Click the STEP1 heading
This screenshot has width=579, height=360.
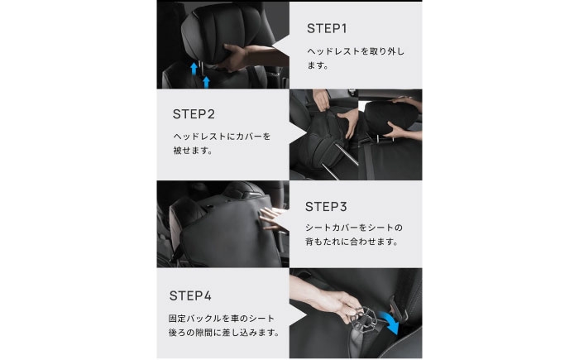pyautogui.click(x=327, y=28)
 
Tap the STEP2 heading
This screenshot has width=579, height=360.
pyautogui.click(x=194, y=114)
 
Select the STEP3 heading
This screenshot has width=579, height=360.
pyautogui.click(x=326, y=207)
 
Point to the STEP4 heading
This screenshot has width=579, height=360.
pyautogui.click(x=190, y=295)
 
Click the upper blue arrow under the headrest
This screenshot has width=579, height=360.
pyautogui.click(x=194, y=69)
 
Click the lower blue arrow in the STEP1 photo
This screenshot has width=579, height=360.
pyautogui.click(x=207, y=82)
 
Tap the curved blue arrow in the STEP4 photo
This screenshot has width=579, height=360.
pyautogui.click(x=392, y=322)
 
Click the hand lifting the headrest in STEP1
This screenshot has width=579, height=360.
pyautogui.click(x=232, y=57)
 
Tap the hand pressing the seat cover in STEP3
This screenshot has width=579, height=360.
pyautogui.click(x=271, y=218)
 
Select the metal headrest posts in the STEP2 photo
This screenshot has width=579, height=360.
pyautogui.click(x=337, y=163)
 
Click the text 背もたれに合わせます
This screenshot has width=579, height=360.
pyautogui.click(x=352, y=242)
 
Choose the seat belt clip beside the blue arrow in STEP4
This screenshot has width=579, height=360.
pyautogui.click(x=398, y=308)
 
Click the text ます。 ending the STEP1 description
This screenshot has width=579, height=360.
pyautogui.click(x=318, y=65)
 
